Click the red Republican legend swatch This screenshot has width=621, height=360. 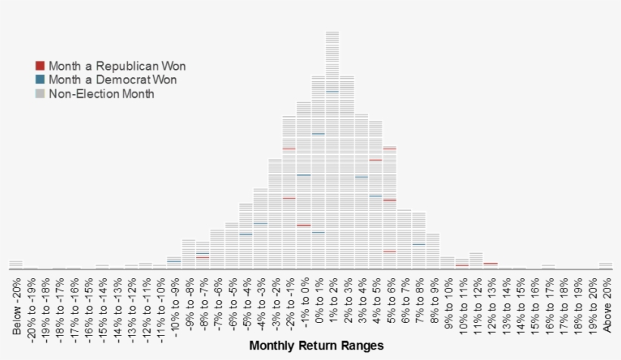pyautogui.click(x=40, y=66)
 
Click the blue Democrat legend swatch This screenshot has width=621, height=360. pyautogui.click(x=40, y=80)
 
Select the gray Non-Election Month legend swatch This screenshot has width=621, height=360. pyautogui.click(x=40, y=93)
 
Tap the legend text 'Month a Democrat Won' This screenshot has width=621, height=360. pyautogui.click(x=117, y=80)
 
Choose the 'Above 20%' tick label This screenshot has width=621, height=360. pyautogui.click(x=606, y=305)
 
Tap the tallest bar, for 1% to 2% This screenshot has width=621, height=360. pyautogui.click(x=332, y=152)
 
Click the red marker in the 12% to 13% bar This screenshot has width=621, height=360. pyautogui.click(x=491, y=263)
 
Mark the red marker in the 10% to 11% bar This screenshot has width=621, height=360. pyautogui.click(x=462, y=265)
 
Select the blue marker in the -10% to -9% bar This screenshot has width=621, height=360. pyautogui.click(x=174, y=261)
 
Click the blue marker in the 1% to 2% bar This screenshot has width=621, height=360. pyautogui.click(x=332, y=92)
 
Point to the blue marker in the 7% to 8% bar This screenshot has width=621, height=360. pyautogui.click(x=419, y=244)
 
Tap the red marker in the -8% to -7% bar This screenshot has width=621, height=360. pyautogui.click(x=203, y=257)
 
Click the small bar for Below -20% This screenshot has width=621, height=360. pyautogui.click(x=16, y=264)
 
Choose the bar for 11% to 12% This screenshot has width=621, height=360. pyautogui.click(x=476, y=261)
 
